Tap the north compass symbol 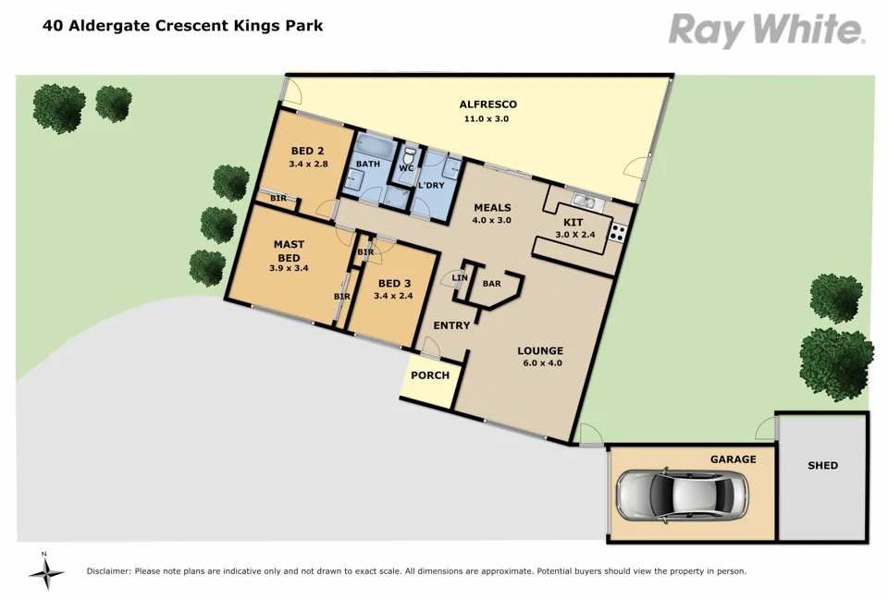pos(45,572)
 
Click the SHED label pos(822,465)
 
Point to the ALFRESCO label pos(487,104)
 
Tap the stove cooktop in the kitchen pos(618,234)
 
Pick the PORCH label pos(430,375)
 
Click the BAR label pos(491,284)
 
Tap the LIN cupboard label pos(460,277)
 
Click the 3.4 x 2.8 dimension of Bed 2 pos(307,165)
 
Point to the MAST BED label pos(289,251)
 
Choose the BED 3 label pos(394,283)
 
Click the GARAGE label pos(733,459)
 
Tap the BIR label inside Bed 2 pos(278,198)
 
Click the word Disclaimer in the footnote pos(109,571)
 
